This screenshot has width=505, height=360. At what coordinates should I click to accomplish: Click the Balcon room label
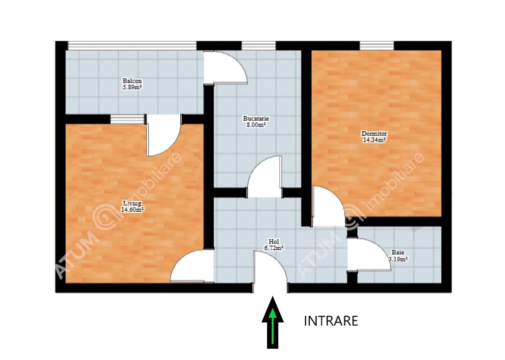click(132, 81)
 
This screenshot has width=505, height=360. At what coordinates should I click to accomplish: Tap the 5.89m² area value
click(132, 87)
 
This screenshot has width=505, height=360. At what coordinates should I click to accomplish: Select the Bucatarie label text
click(256, 118)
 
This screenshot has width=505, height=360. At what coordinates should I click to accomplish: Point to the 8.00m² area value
click(256, 125)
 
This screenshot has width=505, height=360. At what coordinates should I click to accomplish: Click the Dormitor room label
click(374, 133)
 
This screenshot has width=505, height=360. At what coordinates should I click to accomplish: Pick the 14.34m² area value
click(374, 140)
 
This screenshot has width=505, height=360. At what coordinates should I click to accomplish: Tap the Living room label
click(132, 203)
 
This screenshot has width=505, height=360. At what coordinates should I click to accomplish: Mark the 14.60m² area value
click(132, 210)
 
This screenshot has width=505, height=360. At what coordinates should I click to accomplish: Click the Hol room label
click(274, 242)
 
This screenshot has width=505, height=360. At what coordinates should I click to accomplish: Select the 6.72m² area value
click(274, 248)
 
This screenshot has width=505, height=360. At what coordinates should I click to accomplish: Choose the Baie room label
click(398, 253)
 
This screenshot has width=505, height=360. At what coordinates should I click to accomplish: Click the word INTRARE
click(331, 321)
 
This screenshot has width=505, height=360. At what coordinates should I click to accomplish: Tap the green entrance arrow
click(273, 322)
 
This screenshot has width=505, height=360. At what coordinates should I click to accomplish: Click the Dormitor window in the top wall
click(376, 46)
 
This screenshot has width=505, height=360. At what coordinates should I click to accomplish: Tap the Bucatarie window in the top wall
click(259, 46)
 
